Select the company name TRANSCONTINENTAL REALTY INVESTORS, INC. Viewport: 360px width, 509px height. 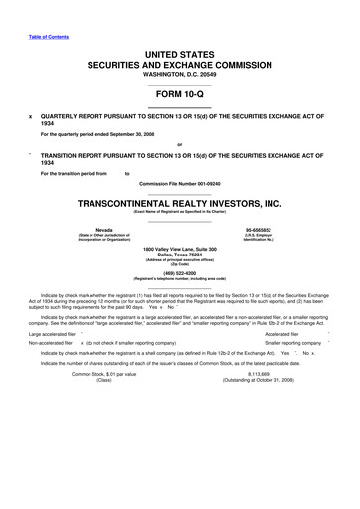pos(179,202)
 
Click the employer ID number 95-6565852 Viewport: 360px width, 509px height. pos(258,228)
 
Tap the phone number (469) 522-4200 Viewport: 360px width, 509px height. pos(180,272)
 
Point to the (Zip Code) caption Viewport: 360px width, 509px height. pos(180,264)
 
